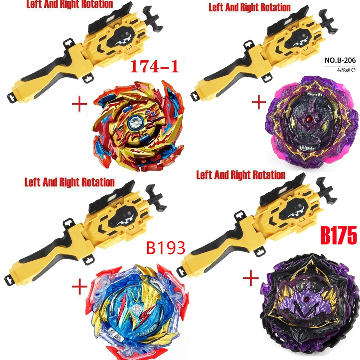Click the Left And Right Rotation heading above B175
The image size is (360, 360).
tap(240, 175)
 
